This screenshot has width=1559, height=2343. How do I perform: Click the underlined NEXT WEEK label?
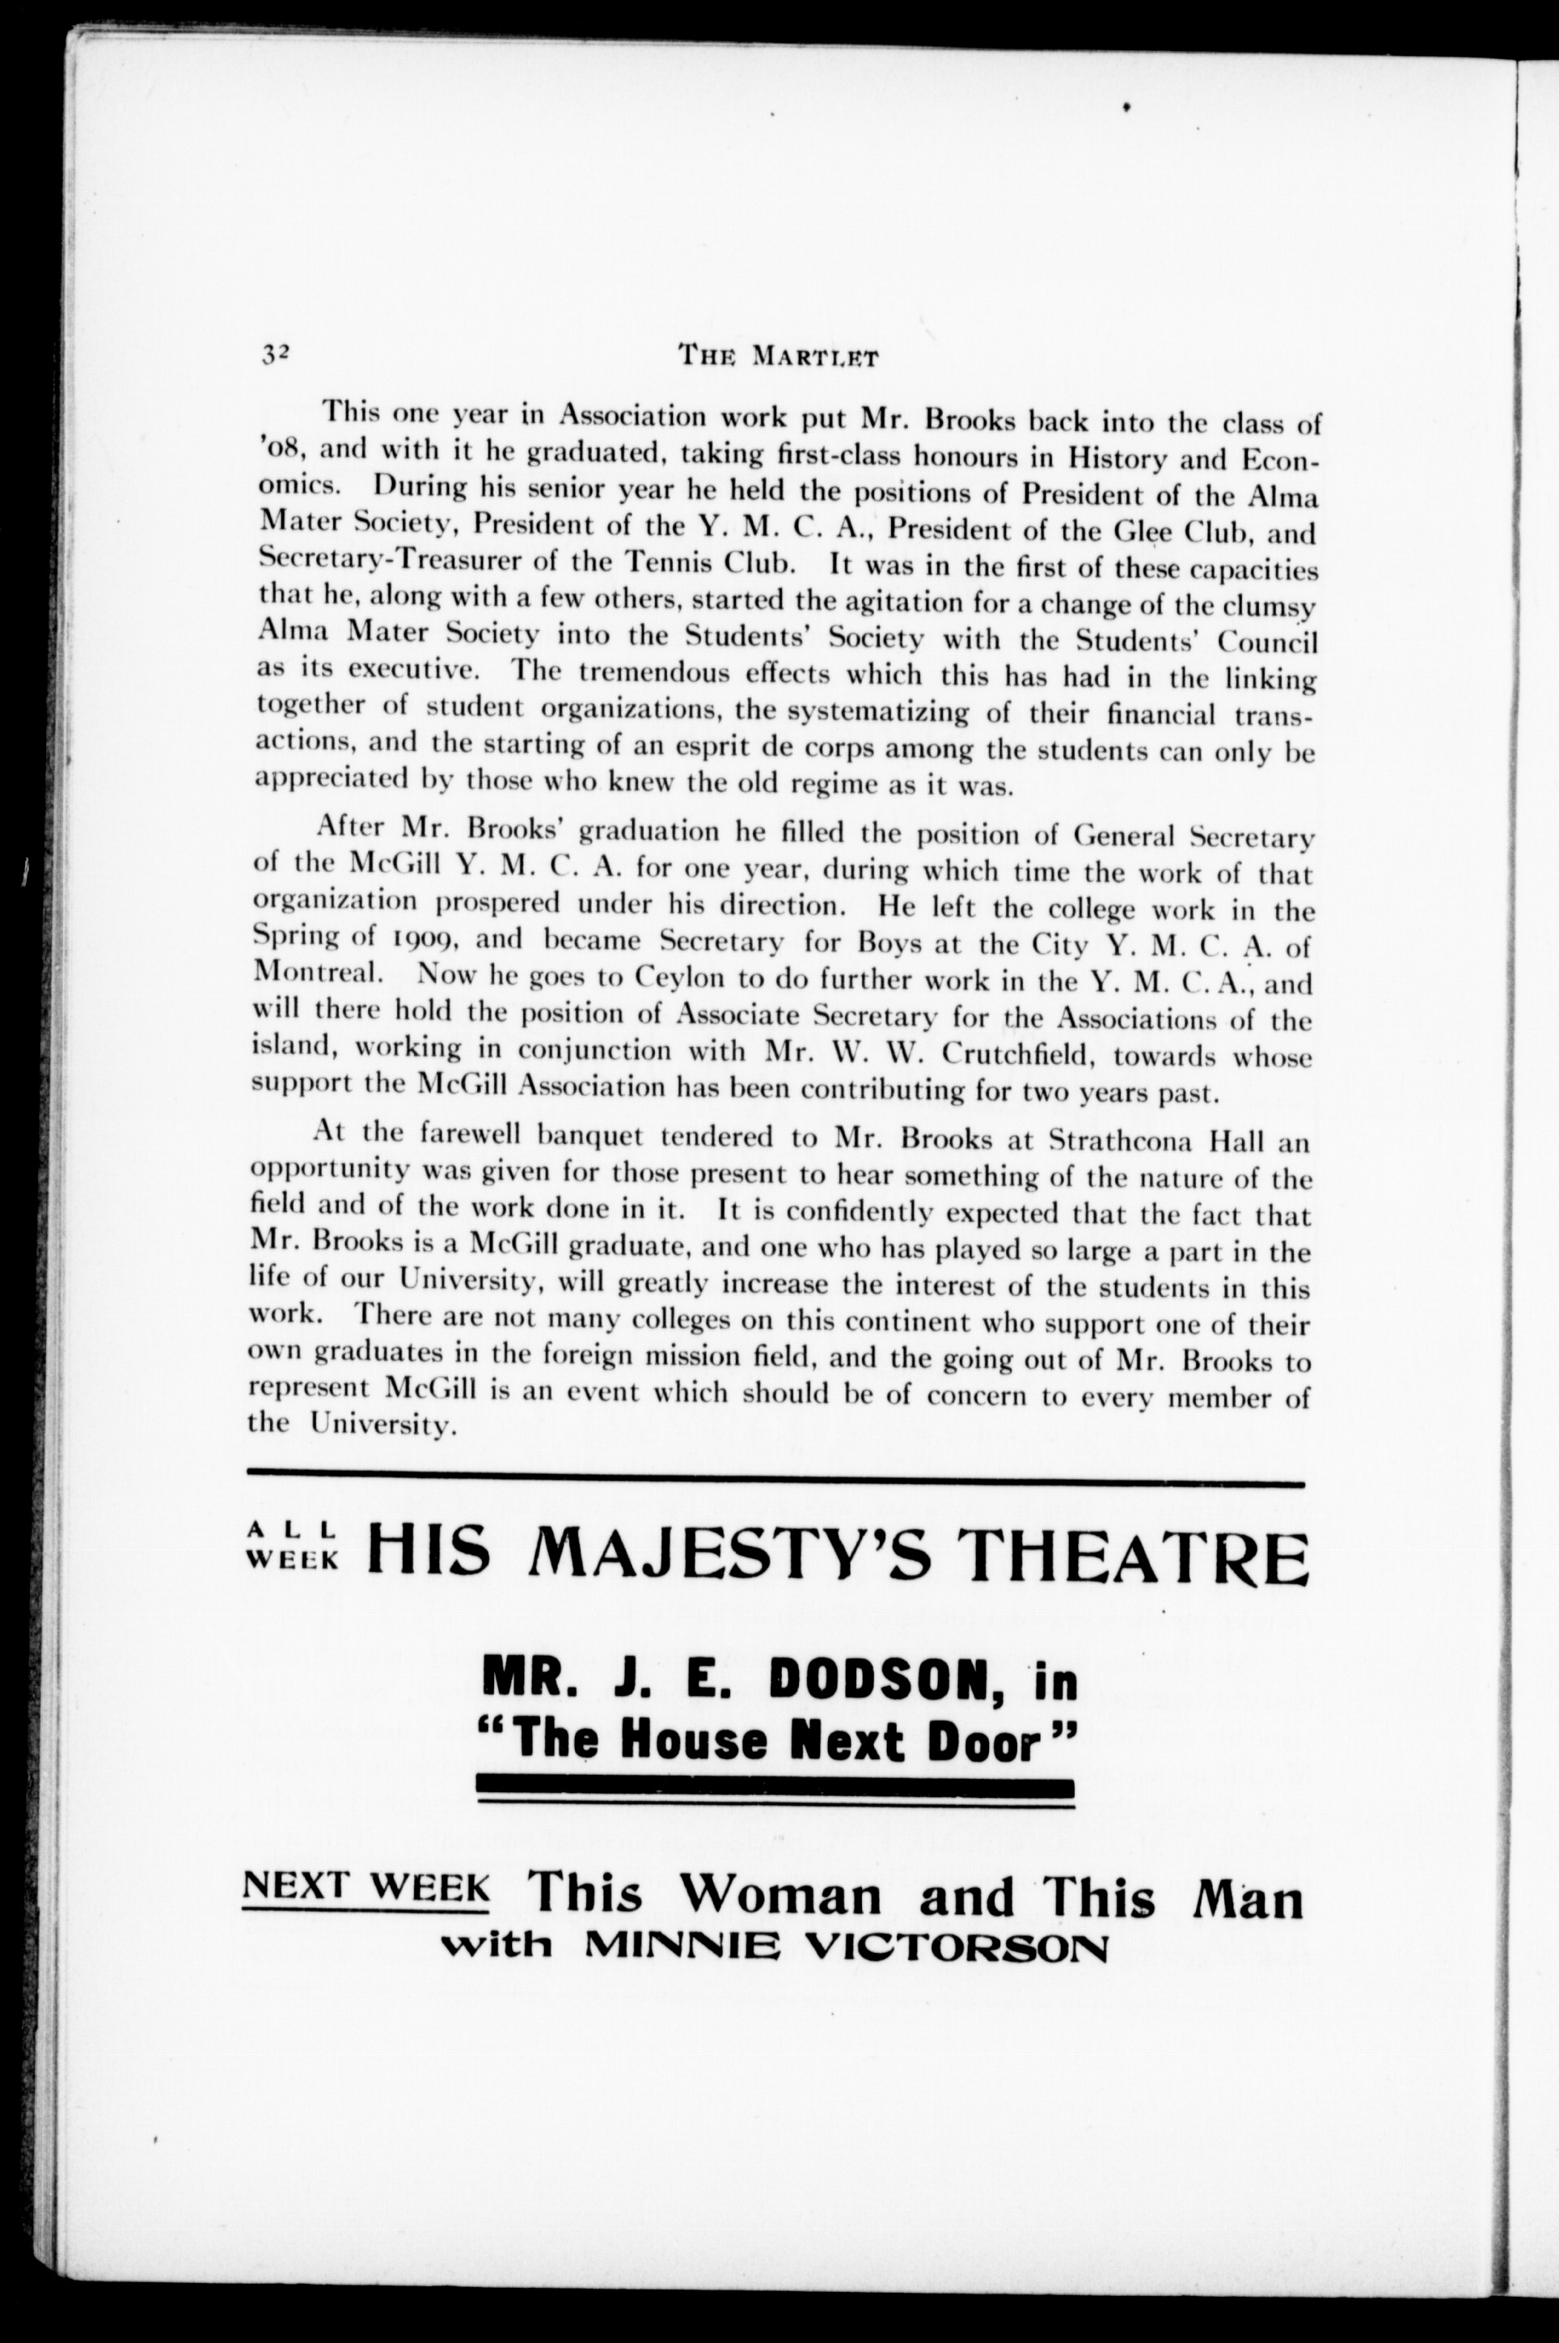pos(365,1887)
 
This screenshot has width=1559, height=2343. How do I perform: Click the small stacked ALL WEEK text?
pos(293,1549)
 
